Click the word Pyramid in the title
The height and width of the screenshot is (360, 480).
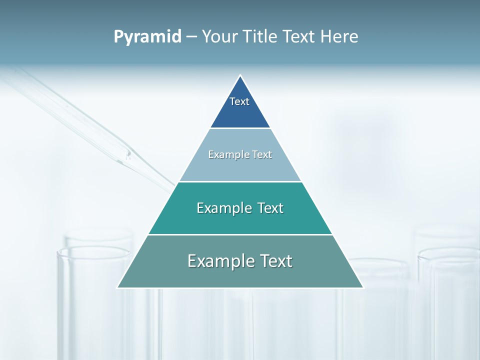tap(147, 37)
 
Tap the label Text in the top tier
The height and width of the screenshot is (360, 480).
tap(239, 101)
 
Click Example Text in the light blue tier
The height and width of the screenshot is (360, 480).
tap(240, 154)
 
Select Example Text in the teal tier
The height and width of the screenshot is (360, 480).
tap(240, 208)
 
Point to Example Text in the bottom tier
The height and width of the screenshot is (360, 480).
tap(240, 261)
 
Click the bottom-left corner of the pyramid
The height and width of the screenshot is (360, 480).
tap(118, 287)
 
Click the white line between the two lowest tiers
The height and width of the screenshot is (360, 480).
tap(240, 234)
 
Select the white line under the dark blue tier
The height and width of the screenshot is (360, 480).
tap(240, 128)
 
